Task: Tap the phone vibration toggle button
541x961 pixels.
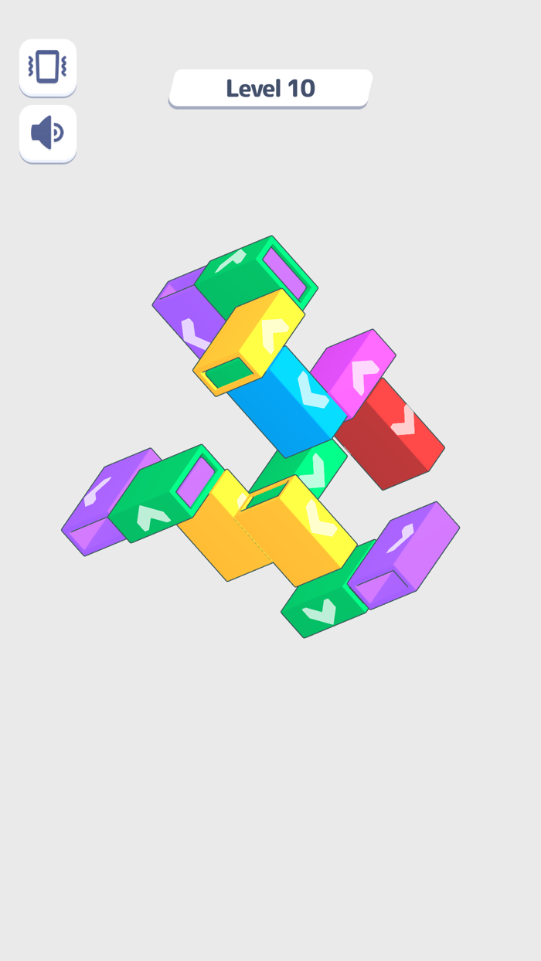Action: (48, 67)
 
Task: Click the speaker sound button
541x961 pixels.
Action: (48, 134)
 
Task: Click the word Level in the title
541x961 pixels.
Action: (253, 89)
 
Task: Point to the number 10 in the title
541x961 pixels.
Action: (301, 89)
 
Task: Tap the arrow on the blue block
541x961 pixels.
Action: (313, 390)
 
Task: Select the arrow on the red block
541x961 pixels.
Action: (403, 420)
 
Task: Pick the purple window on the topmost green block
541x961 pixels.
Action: (284, 273)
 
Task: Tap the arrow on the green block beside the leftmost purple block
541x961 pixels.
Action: (153, 515)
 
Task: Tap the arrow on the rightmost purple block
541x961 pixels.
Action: (400, 538)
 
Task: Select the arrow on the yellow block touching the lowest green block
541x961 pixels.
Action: (319, 518)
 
